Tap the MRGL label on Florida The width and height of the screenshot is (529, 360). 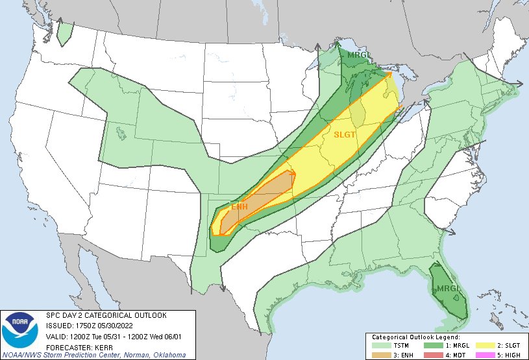tap(448, 288)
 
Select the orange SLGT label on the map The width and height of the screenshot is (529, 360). tap(345, 136)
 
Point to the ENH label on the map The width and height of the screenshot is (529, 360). tap(240, 207)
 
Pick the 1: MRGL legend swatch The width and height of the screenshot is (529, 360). tap(432, 346)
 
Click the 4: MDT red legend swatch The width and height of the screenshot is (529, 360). tap(432, 355)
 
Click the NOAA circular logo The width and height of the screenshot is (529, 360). tap(22, 330)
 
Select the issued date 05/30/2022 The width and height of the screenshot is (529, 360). tap(119, 325)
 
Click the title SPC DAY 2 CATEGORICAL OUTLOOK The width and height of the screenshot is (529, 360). tap(97, 315)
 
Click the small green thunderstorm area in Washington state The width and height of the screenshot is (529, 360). tap(64, 33)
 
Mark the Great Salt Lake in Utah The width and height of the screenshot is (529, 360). tap(121, 133)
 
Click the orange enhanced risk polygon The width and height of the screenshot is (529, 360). tap(260, 198)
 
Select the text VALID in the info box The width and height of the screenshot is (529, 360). tap(56, 335)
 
